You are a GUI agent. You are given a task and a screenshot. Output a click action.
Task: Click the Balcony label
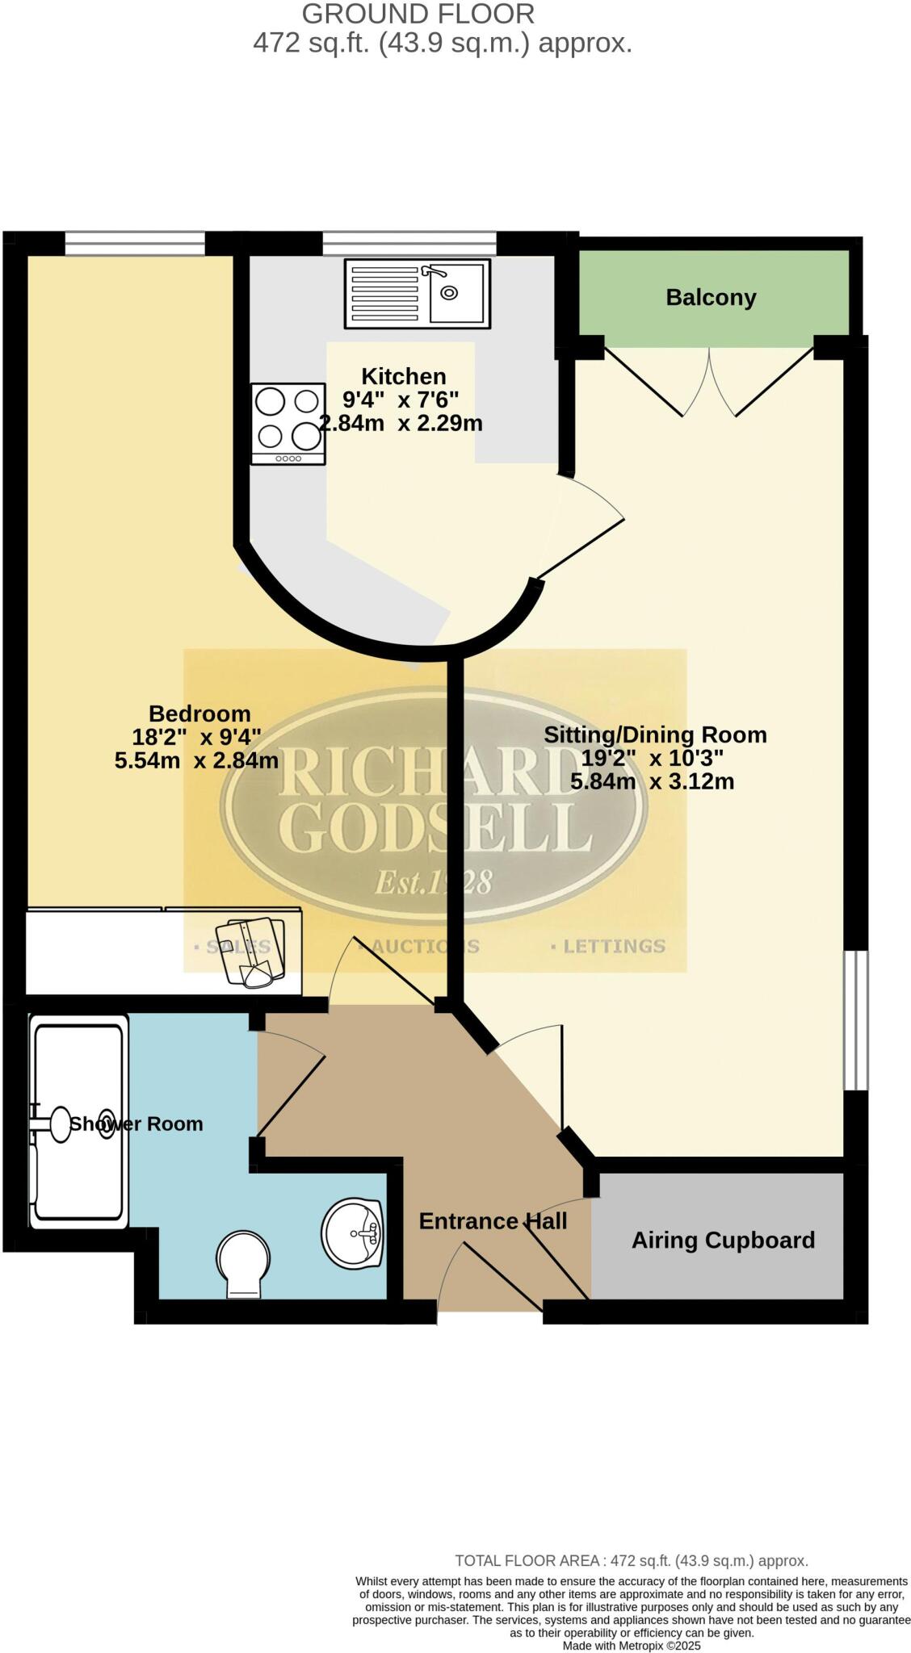[x=711, y=298]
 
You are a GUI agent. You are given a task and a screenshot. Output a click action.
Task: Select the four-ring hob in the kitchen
[x=288, y=424]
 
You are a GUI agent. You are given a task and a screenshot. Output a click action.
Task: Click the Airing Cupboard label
[x=723, y=1240]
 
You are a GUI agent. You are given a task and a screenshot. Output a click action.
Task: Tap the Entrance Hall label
[x=493, y=1221]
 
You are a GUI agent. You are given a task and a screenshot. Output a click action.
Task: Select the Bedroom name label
[x=199, y=714]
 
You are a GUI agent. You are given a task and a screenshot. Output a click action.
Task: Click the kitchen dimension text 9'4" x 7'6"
[x=401, y=400]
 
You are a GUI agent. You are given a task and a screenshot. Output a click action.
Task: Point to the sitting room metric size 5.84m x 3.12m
[x=652, y=781]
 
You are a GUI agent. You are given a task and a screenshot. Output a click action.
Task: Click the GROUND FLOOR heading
[x=418, y=14]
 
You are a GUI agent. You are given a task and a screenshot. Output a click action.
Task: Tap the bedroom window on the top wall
[x=135, y=242]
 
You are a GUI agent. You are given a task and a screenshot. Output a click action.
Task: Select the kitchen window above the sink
[x=409, y=242]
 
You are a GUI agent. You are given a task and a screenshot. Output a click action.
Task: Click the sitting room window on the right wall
[x=855, y=1020]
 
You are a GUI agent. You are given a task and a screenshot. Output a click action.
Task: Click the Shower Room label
[x=136, y=1124]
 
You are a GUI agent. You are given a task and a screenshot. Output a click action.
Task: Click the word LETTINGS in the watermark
[x=613, y=946]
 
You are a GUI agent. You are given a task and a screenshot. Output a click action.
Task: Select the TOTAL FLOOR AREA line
[x=632, y=1561]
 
